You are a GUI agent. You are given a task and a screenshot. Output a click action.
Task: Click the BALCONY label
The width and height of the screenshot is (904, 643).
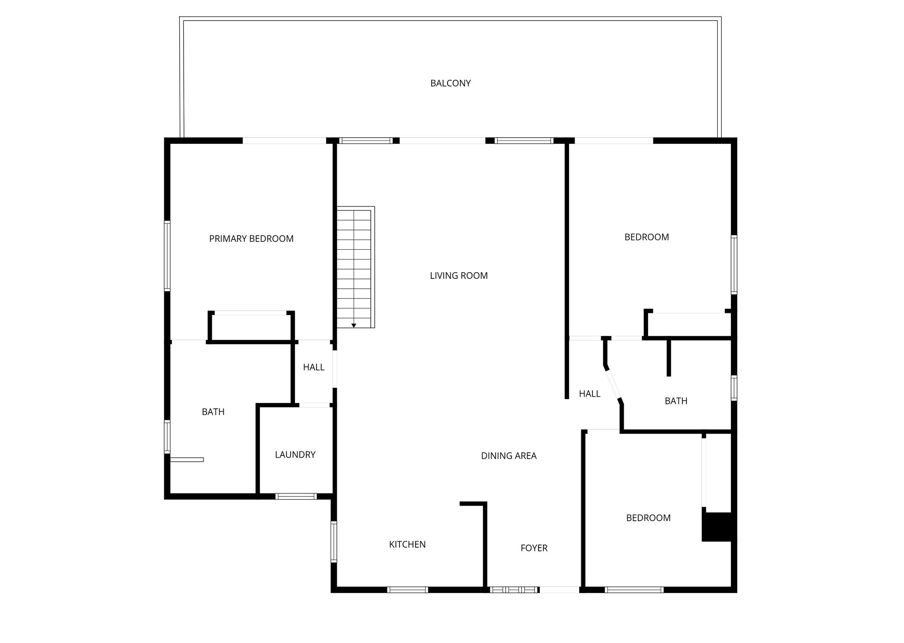450,83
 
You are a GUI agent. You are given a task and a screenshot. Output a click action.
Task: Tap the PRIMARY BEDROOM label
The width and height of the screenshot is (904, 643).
251,239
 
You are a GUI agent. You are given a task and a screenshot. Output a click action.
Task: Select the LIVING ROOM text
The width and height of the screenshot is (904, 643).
459,276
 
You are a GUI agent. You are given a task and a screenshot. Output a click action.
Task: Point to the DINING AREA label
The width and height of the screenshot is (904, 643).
508,456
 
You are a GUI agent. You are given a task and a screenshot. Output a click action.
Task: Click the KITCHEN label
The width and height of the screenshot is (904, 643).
407,545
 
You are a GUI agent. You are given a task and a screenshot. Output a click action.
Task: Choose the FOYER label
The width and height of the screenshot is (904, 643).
534,548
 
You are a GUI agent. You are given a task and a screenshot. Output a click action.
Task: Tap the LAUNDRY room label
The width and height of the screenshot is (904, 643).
295,455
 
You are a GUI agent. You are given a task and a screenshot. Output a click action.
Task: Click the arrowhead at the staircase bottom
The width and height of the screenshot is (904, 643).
354,326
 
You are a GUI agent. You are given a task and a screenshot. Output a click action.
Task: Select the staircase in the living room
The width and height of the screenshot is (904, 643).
356,267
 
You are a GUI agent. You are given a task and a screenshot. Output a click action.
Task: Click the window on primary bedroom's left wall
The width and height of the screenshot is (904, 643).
167,256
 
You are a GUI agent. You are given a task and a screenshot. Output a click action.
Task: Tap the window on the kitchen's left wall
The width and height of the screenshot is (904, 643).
334,542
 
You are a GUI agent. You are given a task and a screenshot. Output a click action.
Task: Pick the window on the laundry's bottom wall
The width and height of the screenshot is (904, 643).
296,496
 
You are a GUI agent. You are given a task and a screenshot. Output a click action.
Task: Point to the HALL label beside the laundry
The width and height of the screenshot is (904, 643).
313,367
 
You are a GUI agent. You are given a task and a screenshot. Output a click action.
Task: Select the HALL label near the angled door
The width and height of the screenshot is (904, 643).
589,394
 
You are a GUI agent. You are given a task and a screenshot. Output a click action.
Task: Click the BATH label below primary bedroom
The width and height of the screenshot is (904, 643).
213,412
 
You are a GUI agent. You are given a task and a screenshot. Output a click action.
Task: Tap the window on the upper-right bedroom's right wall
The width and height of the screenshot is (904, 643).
734,264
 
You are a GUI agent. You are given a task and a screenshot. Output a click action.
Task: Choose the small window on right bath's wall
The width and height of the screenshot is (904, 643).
734,388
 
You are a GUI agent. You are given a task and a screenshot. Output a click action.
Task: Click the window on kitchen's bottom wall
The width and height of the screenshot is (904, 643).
407,590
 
